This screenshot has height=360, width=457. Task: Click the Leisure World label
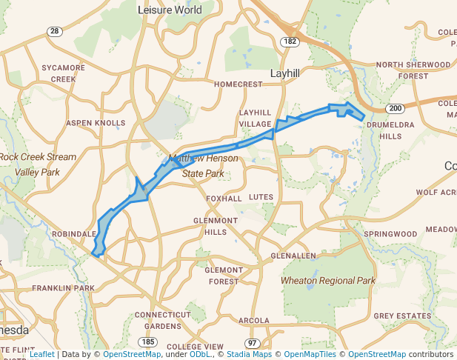[x=170, y=10]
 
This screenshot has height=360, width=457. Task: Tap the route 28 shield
[x=54, y=31]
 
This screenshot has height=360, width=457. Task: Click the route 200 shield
[x=396, y=109]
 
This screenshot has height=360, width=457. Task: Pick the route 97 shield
[x=253, y=343]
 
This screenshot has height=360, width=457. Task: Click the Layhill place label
[x=285, y=74]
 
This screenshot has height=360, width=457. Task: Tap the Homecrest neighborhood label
[x=238, y=84]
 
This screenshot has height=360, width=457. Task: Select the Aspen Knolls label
[x=96, y=122]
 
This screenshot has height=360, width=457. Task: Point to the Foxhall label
[x=224, y=199]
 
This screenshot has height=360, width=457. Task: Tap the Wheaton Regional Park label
[x=327, y=281]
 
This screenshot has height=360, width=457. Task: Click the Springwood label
[x=390, y=234]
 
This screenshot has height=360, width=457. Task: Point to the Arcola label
[x=254, y=320]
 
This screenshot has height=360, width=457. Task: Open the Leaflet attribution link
[x=41, y=354]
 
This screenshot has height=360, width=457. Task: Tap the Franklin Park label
[x=63, y=287]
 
